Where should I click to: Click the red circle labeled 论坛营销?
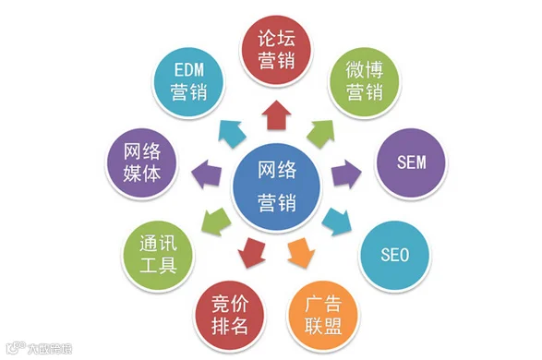point(276,50)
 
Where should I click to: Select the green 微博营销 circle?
point(365,81)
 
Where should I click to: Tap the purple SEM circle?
point(411,162)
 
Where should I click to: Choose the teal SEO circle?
point(394,255)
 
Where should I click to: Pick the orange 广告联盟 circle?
point(323,315)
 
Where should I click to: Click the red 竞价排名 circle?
point(230,315)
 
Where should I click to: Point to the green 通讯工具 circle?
point(158,255)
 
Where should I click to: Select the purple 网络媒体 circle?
point(141,162)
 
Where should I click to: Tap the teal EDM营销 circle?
point(188,81)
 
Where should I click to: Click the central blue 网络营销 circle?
point(276,186)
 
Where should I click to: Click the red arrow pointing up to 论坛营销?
point(276,115)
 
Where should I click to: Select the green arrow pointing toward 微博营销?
point(321,133)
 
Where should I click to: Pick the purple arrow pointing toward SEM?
point(346,174)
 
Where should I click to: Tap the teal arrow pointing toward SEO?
point(337,222)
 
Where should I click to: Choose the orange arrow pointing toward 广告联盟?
point(301,252)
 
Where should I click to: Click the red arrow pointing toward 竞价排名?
point(252,253)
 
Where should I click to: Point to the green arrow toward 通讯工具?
point(216,222)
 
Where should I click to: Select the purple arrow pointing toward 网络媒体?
point(206,174)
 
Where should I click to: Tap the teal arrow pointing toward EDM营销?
point(231,134)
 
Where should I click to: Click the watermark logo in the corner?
point(39,348)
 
